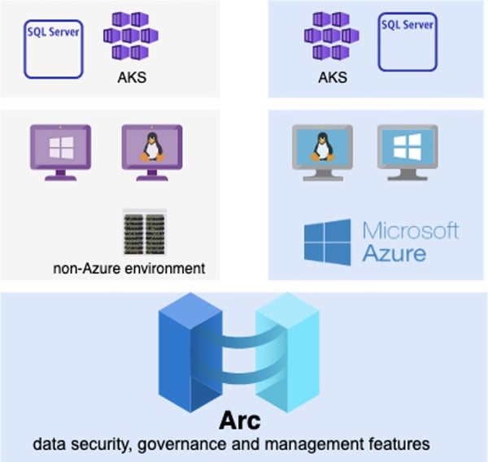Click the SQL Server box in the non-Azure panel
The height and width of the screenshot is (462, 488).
point(54,49)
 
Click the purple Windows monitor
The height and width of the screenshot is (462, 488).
point(60,150)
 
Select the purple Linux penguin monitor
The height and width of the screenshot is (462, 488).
point(151,150)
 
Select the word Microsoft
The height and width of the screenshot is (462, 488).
point(410,230)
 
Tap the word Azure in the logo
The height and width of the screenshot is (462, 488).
point(394,254)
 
